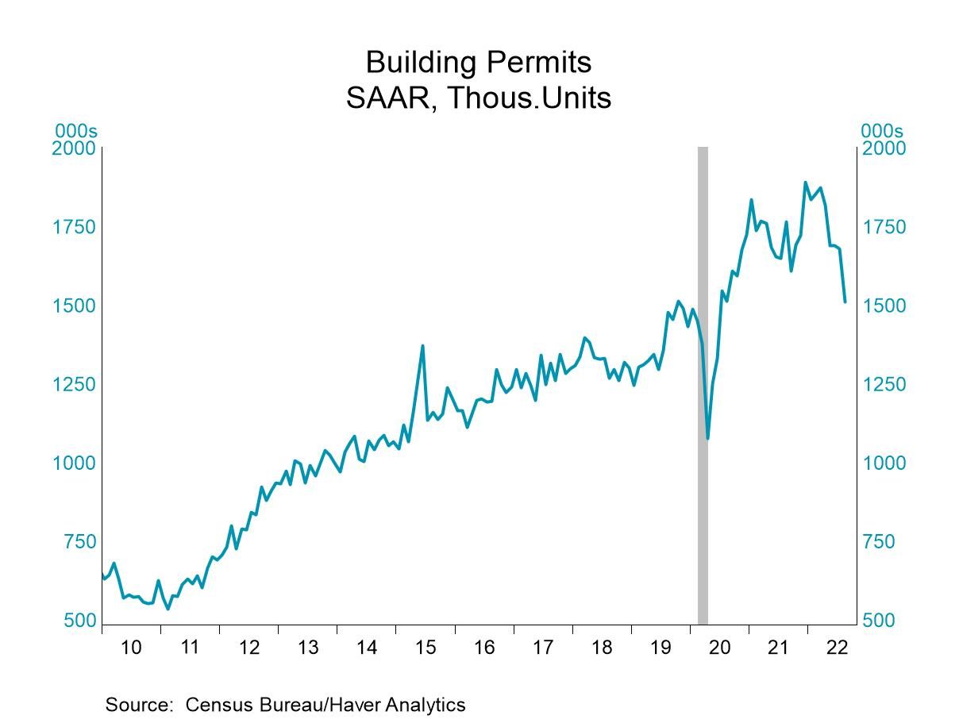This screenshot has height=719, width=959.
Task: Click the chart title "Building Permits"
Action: click(478, 62)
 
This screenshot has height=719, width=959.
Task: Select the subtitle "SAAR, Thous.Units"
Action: click(478, 98)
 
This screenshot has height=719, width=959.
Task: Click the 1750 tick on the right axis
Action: click(884, 227)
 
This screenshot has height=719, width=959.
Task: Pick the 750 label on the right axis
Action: click(878, 542)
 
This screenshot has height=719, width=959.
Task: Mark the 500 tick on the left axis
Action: click(79, 621)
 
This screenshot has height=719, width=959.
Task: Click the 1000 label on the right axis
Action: click(884, 463)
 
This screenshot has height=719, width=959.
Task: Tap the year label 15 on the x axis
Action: click(425, 648)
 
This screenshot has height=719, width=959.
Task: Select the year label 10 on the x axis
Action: click(131, 648)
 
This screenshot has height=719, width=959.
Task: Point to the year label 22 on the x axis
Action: click(838, 648)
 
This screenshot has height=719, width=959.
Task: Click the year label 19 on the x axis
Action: click(661, 648)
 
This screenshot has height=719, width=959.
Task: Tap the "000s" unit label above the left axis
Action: click(75, 131)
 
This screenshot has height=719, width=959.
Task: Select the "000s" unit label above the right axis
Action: click(881, 131)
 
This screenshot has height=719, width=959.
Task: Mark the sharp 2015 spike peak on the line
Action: click(422, 345)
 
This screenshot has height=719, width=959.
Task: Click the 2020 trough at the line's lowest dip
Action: click(707, 438)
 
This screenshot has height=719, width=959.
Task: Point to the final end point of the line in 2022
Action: click(845, 302)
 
